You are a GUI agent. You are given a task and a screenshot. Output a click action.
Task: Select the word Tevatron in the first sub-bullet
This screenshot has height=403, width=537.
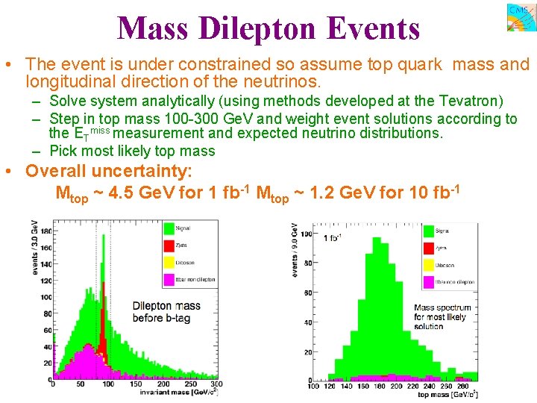(471, 101)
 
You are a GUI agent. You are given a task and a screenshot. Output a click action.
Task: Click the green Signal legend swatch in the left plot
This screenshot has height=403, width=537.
(169, 227)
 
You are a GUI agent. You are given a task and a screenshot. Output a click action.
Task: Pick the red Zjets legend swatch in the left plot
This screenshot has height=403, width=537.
(169, 245)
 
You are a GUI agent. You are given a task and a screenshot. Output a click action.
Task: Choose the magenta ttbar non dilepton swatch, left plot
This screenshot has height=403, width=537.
(169, 280)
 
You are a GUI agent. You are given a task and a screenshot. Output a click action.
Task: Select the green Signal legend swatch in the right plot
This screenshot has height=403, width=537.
(428, 231)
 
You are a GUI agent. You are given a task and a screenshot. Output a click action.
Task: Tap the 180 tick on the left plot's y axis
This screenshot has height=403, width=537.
(45, 231)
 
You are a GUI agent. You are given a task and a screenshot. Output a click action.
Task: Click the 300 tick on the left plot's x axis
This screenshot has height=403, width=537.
(217, 384)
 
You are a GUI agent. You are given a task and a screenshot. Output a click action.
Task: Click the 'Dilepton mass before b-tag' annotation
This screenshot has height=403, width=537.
(166, 311)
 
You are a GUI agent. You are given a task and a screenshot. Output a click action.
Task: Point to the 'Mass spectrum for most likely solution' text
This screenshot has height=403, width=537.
(443, 316)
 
